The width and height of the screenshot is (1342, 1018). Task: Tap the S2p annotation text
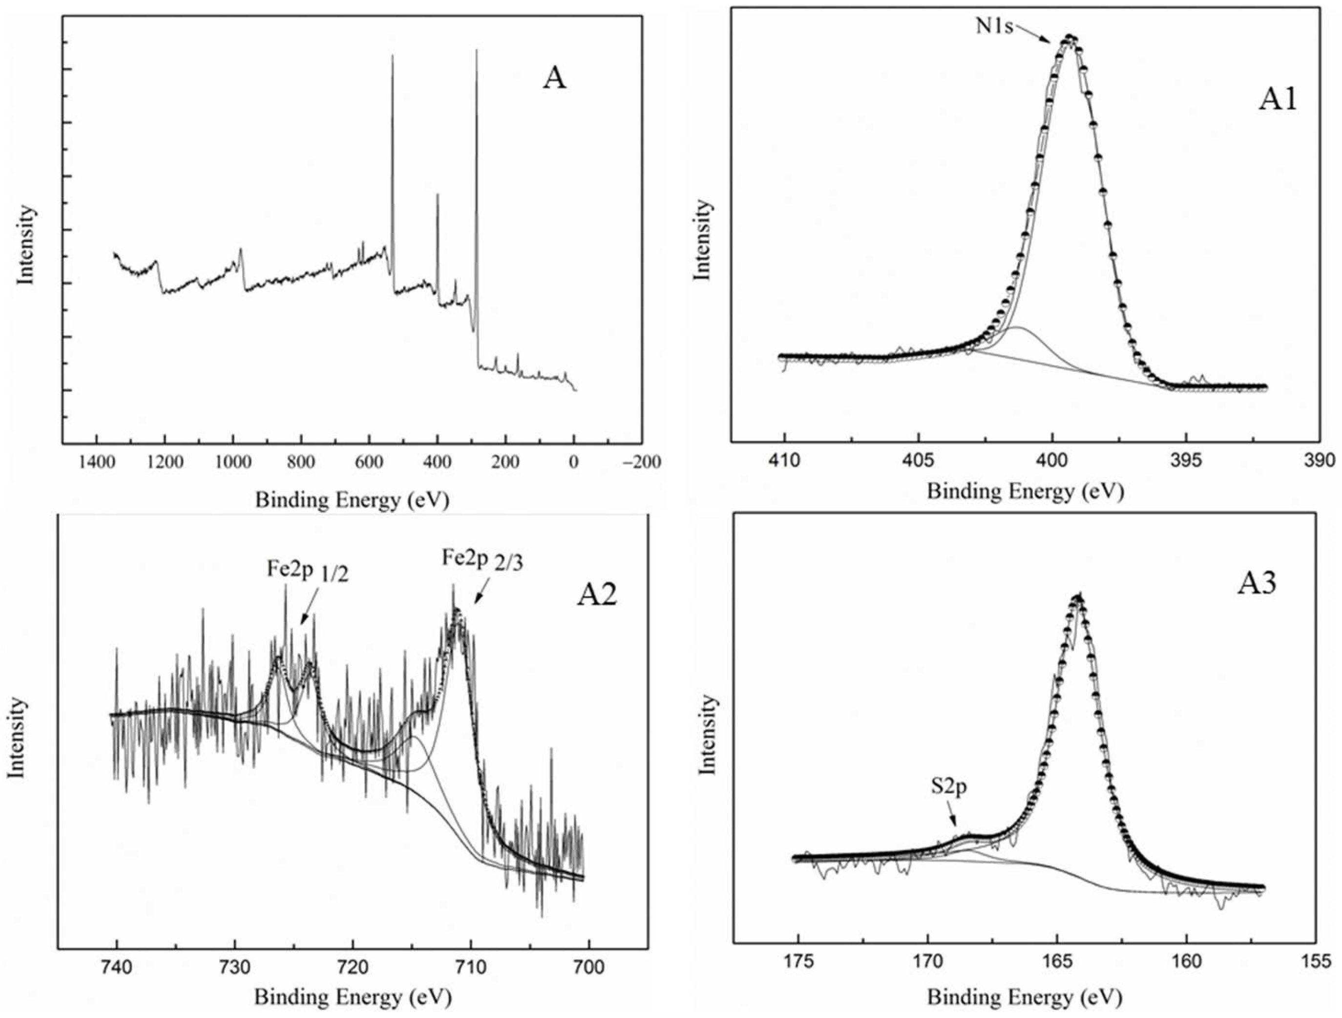[949, 787]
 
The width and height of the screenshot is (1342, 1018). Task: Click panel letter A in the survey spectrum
[554, 78]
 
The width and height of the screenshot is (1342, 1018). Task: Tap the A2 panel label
[596, 595]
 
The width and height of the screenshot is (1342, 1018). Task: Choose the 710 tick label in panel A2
[470, 967]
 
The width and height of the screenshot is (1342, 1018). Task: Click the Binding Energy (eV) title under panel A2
[352, 997]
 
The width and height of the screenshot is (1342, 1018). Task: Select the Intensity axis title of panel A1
[702, 240]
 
